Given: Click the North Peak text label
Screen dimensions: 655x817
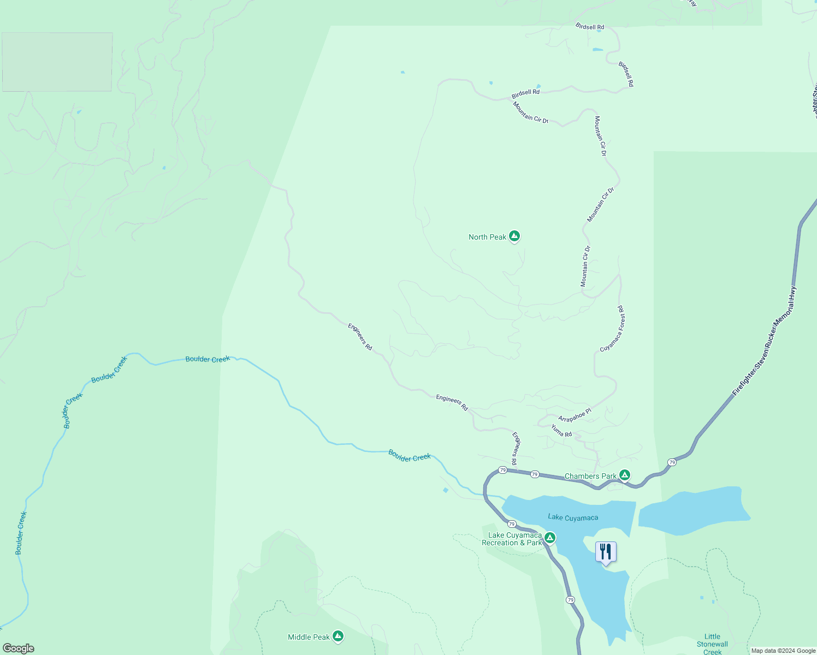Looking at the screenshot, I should pos(487,237).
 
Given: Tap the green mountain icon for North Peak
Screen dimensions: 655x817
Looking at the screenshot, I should pos(514,236).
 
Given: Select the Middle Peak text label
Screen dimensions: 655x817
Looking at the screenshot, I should pos(309,637).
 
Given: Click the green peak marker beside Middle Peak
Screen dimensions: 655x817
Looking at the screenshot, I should pos(338,636).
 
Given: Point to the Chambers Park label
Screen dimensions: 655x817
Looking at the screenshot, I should pos(590,477).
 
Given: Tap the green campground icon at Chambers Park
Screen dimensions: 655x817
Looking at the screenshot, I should pos(625,475).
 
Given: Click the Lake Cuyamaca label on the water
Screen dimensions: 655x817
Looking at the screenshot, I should pos(573,517).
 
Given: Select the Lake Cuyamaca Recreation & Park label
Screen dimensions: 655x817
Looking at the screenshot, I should pos(512,539).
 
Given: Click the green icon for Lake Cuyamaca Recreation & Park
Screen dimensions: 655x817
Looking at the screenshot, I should pos(550,538).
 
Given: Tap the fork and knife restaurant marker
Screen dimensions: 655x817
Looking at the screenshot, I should pos(606,552).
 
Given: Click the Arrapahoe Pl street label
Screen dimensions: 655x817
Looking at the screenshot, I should pos(575,415).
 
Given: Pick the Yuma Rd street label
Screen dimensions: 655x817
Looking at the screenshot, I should pos(561,431).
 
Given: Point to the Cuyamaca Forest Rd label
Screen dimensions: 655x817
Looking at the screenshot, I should pos(612,329).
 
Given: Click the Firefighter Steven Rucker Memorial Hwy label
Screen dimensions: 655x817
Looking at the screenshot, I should pos(765,341).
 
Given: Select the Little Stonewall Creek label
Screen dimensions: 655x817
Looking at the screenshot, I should pos(712,644).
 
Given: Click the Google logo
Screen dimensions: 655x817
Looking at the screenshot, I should pos(19,648).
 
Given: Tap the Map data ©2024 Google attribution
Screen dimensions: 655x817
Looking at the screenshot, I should pos(783,651).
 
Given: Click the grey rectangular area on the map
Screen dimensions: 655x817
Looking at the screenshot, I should pos(57,62).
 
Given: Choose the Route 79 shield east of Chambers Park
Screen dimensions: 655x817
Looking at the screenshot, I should pos(672,462).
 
